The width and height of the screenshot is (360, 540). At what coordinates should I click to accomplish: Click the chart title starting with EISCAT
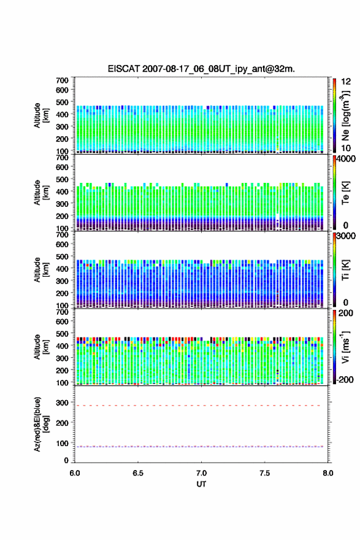pos(201,69)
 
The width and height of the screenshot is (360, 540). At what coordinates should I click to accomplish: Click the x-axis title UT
pos(201,484)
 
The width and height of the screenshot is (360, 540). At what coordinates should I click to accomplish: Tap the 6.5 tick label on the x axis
pos(138,473)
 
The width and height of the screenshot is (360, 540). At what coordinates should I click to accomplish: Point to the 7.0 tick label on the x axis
pos(201,473)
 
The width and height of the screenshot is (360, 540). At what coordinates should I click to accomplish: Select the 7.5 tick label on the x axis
pos(265,473)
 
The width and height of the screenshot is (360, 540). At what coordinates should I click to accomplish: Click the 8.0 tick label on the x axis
pos(328,473)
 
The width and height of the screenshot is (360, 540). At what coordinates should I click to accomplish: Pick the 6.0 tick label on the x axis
pos(75,473)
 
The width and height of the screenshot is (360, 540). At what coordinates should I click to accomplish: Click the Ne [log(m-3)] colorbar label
pos(346,116)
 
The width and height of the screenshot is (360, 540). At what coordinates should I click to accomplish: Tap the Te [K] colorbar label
pos(345,193)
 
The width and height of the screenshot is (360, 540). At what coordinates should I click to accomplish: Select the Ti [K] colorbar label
pos(345,269)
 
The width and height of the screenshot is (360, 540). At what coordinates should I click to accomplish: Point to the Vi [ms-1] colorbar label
pos(345,347)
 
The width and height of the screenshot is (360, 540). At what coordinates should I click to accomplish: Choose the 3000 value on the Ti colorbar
pos(345,236)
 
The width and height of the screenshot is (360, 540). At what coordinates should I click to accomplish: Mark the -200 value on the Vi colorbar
pos(344,379)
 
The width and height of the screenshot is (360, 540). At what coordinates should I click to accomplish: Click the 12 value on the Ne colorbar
pos(346,82)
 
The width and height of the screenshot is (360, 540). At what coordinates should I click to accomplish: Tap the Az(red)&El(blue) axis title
pos(40,424)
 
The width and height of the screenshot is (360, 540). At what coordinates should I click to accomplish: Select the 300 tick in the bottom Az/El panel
pos(62,403)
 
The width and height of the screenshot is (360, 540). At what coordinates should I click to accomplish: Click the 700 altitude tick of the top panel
pos(63,80)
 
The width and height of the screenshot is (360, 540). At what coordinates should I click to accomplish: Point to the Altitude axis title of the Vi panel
pos(40,347)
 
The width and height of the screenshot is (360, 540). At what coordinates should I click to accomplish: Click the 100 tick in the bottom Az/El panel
pos(62,443)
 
